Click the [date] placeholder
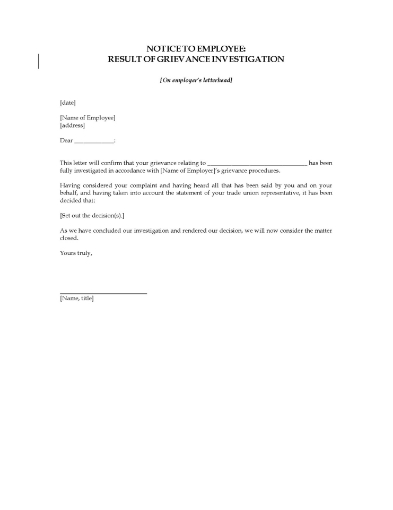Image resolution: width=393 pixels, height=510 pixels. tap(67, 102)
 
